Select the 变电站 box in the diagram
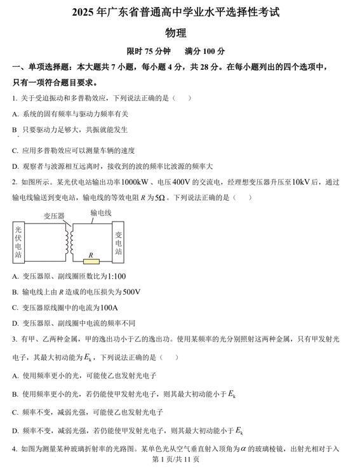pos(117,242)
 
